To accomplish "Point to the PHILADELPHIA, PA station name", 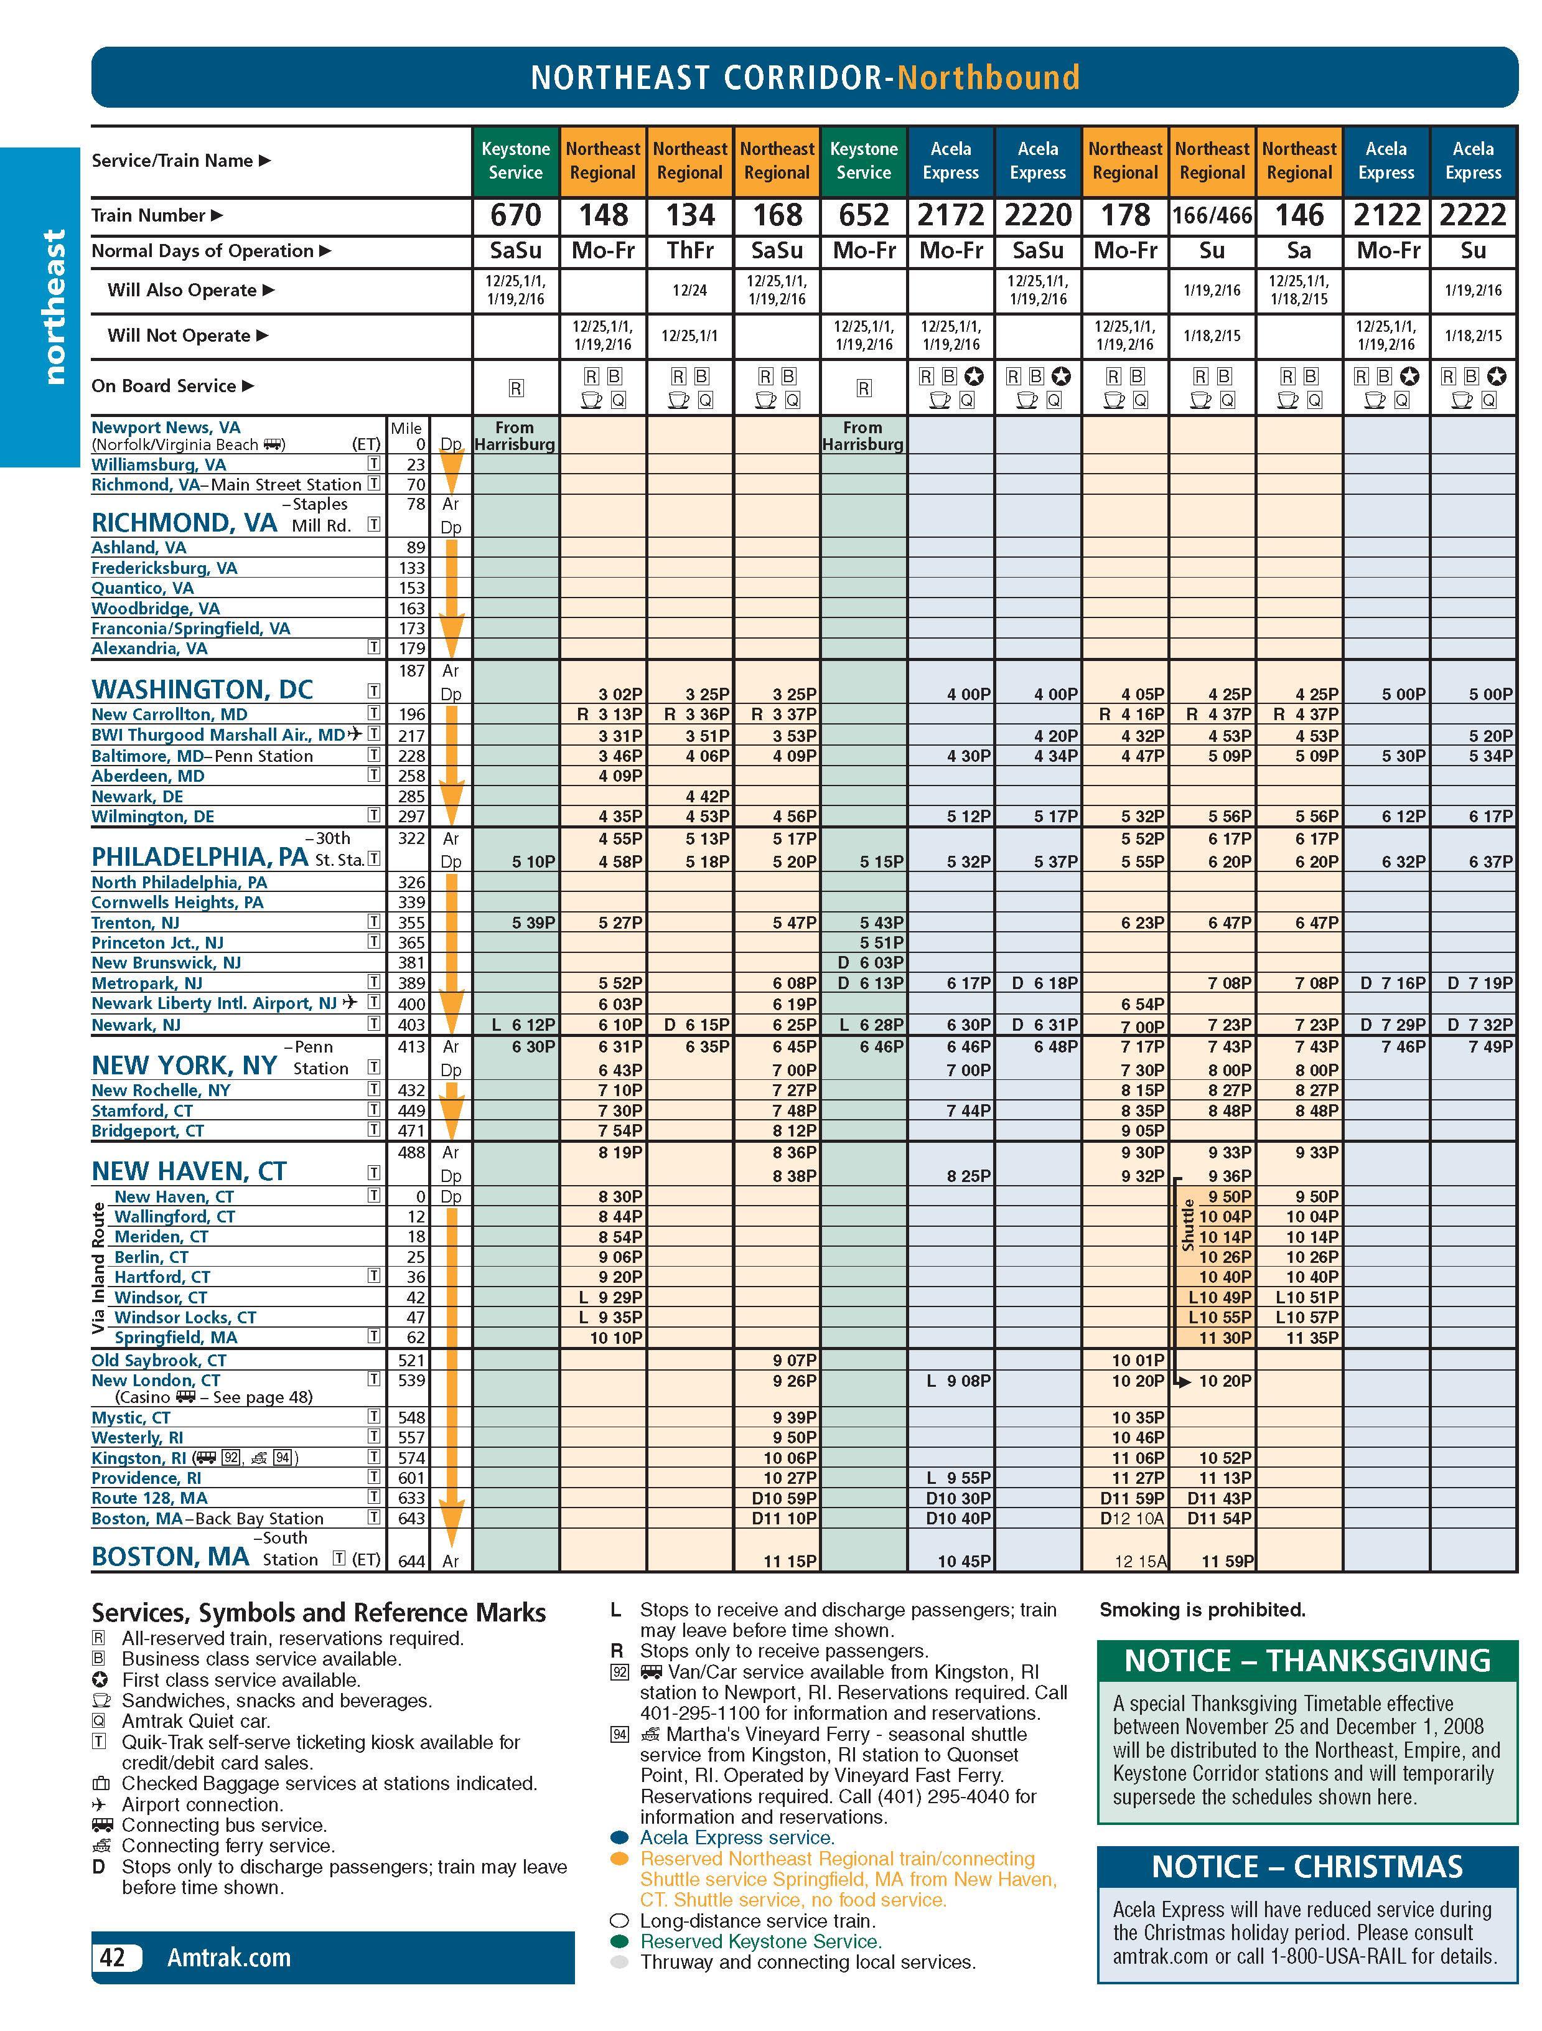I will [x=199, y=856].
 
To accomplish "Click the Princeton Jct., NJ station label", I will [x=157, y=942].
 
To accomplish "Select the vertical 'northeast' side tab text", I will [x=54, y=307].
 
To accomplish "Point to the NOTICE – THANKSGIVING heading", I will [x=1307, y=1660].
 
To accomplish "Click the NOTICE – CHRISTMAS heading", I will [x=1307, y=1867].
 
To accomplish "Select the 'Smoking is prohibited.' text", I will [x=1202, y=1610].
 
